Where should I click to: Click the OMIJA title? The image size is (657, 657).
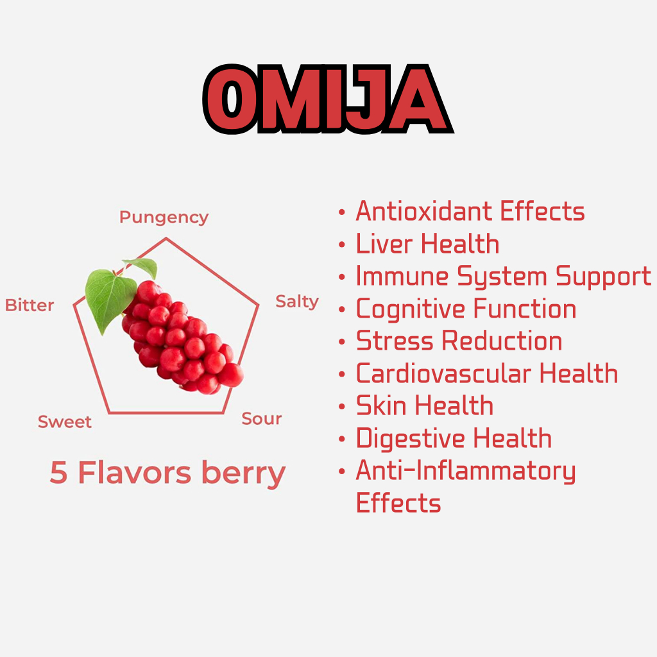pos(328,99)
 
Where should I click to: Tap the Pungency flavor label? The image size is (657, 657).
pos(164,218)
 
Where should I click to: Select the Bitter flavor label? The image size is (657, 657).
pos(30,305)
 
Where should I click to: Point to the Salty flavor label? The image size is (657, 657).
pos(297,302)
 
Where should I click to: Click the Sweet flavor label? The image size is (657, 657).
pos(65,422)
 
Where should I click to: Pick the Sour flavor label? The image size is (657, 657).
pos(262,418)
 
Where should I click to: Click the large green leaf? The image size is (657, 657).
pos(110,299)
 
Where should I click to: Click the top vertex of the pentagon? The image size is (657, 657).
pos(166,239)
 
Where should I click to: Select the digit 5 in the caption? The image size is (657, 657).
pos(58,473)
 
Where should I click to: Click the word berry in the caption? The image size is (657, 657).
pos(243,474)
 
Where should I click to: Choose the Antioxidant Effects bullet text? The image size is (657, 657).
pos(470,210)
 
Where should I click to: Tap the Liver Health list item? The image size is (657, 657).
pos(427,243)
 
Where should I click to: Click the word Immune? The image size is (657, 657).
pos(402,276)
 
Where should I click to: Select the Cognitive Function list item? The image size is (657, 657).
pos(466,309)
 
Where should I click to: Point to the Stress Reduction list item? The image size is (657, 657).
pos(459,341)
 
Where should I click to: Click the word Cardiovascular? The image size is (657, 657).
pos(444,373)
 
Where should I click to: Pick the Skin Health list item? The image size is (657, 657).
pos(425,405)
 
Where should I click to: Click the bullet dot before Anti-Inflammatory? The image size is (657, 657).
pos(342,472)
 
